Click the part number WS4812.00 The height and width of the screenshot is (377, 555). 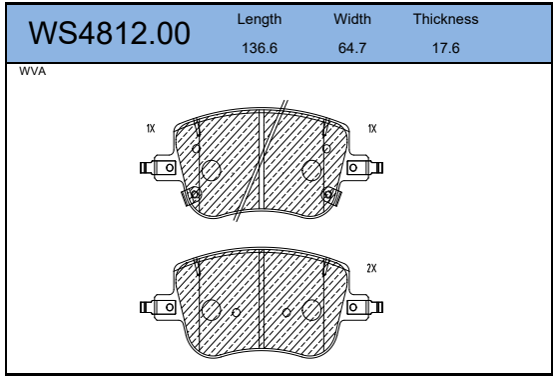point(109,33)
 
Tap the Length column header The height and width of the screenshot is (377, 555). point(260,19)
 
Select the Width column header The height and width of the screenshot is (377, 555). point(352,19)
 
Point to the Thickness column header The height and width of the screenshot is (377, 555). point(445,19)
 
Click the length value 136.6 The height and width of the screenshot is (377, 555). point(260,48)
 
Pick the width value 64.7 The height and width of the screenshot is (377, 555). point(352,48)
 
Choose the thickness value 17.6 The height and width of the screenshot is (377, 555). point(446,48)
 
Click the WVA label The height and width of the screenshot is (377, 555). point(33,71)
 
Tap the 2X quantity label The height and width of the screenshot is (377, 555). point(371,268)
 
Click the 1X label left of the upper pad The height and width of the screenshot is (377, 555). point(151,128)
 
